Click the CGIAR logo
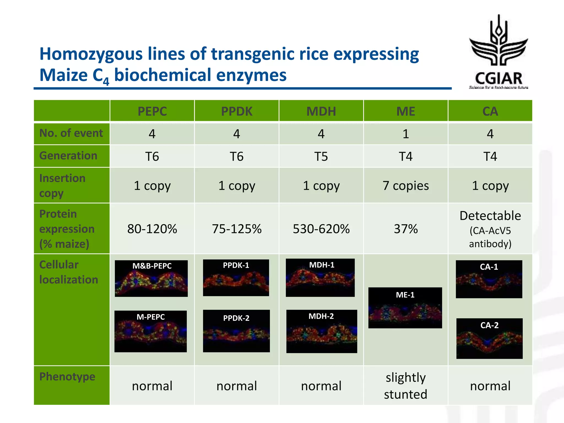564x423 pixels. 498,52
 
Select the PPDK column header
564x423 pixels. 237,111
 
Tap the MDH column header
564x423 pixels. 321,111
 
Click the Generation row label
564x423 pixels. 68,156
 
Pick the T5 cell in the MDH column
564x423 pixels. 321,156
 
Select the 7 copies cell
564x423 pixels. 406,186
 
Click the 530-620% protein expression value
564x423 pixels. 321,229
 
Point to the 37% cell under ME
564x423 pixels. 406,229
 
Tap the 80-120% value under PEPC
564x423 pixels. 152,229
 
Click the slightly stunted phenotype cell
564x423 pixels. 406,386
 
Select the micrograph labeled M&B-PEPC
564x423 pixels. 151,278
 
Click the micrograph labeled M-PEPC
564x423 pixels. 151,331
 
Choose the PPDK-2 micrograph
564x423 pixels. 236,331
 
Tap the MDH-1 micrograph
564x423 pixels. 320,278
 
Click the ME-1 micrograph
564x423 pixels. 405,308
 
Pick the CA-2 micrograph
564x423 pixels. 489,338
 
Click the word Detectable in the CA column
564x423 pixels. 490,216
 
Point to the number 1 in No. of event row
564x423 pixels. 406,134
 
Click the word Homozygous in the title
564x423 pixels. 91,54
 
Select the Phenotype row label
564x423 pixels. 67,376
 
